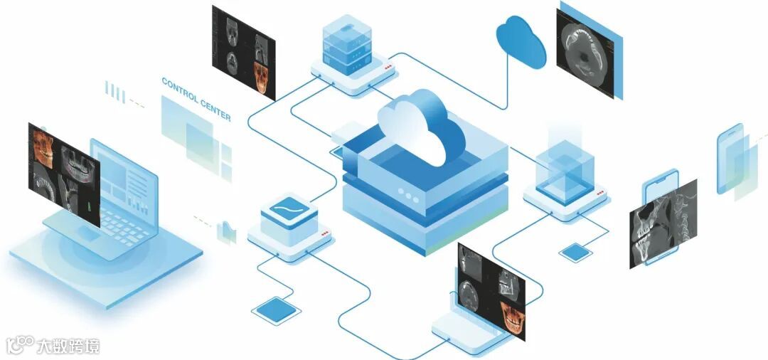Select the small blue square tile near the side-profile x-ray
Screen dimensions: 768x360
[x=574, y=252]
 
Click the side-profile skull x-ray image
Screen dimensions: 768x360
[x=663, y=224]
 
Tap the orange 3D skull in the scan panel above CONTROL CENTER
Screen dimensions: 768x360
[x=262, y=78]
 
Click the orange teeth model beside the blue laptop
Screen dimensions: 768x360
[x=43, y=149]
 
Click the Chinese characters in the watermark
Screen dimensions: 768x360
[x=70, y=346]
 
